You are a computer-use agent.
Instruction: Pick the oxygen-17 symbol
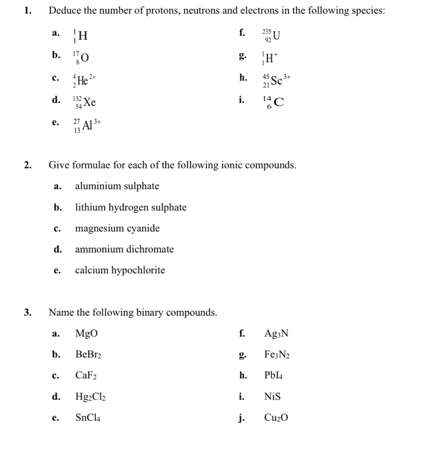pyautogui.click(x=82, y=58)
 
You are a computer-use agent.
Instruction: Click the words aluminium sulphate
pyautogui.click(x=117, y=186)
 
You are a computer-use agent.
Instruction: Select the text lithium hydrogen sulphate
pyautogui.click(x=131, y=207)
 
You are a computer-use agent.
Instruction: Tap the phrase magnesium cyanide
pyautogui.click(x=117, y=229)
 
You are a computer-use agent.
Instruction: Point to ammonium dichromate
pyautogui.click(x=124, y=249)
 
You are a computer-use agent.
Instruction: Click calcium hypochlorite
pyautogui.click(x=120, y=270)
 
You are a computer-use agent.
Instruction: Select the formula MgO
pyautogui.click(x=87, y=333)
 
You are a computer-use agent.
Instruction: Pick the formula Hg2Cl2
pyautogui.click(x=91, y=397)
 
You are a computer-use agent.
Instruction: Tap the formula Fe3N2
pyautogui.click(x=277, y=354)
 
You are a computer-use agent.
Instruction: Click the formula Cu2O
pyautogui.click(x=276, y=418)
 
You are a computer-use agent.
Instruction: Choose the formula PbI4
pyautogui.click(x=274, y=375)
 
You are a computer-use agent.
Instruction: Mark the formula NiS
pyautogui.click(x=272, y=397)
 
